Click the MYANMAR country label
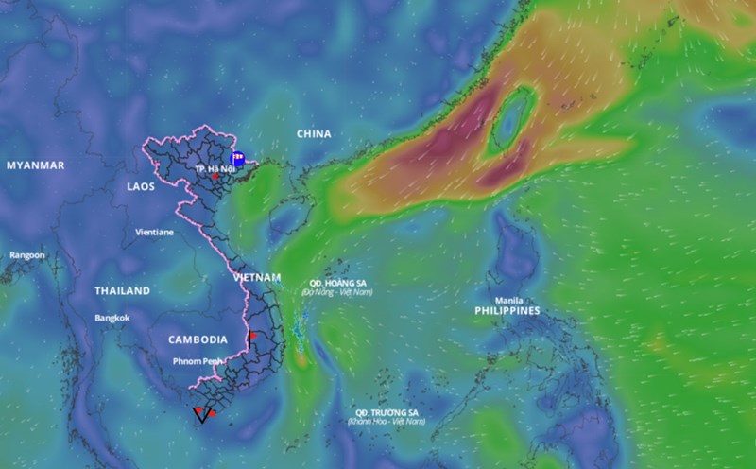tap(35, 165)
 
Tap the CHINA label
tap(314, 134)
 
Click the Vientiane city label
tap(154, 232)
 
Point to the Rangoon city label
tap(27, 255)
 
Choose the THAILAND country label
tap(122, 290)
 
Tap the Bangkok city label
tap(112, 318)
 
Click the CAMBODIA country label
tap(198, 339)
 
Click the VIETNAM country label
tap(257, 277)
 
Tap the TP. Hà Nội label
tap(214, 167)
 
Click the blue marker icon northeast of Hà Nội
tap(238, 159)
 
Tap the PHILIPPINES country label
tap(507, 310)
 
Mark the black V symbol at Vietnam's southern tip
tap(199, 414)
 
